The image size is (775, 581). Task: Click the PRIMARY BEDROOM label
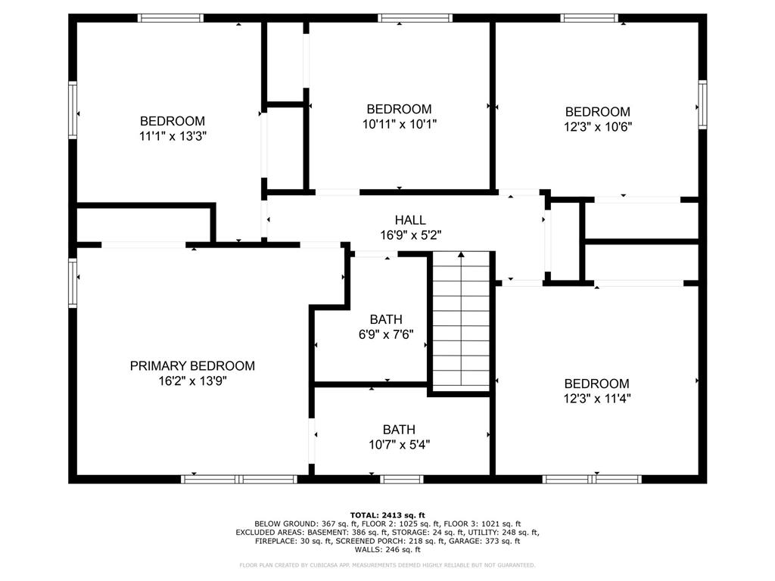click(x=192, y=366)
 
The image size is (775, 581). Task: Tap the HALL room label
click(x=410, y=220)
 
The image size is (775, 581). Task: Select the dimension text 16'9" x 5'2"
click(x=410, y=235)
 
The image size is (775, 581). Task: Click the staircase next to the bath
click(x=461, y=322)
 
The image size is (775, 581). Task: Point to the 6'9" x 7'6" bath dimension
click(x=386, y=334)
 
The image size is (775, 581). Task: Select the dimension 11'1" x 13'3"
click(x=173, y=136)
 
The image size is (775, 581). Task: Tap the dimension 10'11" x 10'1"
click(x=399, y=124)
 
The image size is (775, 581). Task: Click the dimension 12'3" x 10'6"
click(x=597, y=126)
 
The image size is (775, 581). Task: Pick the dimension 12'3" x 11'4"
click(x=596, y=399)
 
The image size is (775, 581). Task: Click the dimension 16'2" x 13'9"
click(x=192, y=381)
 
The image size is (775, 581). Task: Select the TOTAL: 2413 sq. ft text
click(x=387, y=514)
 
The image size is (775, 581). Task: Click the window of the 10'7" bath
click(x=402, y=479)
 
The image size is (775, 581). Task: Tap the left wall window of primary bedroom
click(x=73, y=283)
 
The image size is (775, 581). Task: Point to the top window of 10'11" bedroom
click(x=416, y=18)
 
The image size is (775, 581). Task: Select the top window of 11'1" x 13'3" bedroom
click(x=171, y=18)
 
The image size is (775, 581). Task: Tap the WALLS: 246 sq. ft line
click(x=387, y=551)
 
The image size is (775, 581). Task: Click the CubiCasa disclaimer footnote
click(x=387, y=565)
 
